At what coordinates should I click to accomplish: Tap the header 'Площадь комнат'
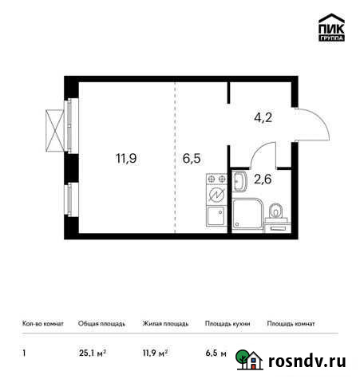click(291, 324)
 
